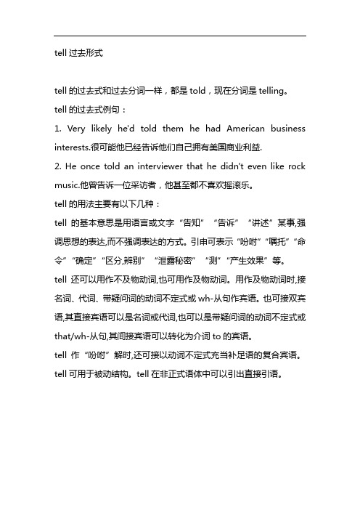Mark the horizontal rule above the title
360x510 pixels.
[180, 36]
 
